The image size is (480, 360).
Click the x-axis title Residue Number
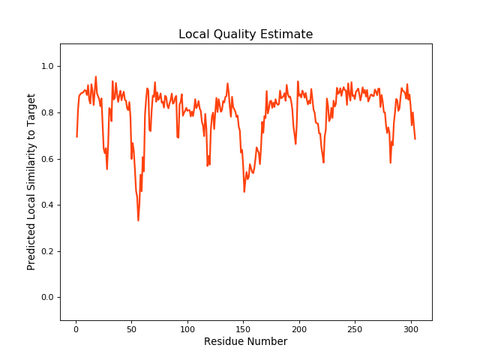click(245, 341)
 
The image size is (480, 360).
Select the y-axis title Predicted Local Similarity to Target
click(31, 181)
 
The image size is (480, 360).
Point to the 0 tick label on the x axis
click(76, 328)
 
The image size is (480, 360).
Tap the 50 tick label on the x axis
click(131, 328)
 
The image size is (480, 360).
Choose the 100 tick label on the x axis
click(187, 328)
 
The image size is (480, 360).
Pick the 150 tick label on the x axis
click(243, 328)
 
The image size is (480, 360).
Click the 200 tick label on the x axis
click(299, 328)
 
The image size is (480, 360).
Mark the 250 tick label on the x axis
click(355, 328)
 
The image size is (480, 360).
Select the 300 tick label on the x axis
click(411, 328)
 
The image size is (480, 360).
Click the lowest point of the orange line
click(138, 220)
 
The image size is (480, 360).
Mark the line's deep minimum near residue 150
click(244, 191)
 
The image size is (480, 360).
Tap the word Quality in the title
click(232, 34)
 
